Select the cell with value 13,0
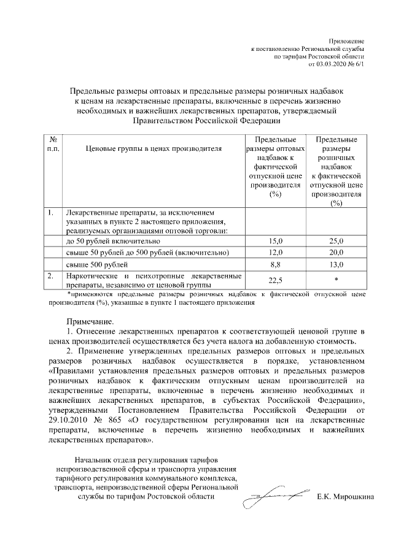pos(335,265)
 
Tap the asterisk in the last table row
pos(335,280)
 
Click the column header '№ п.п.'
pos(52,145)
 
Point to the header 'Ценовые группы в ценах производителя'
pos(153,148)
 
